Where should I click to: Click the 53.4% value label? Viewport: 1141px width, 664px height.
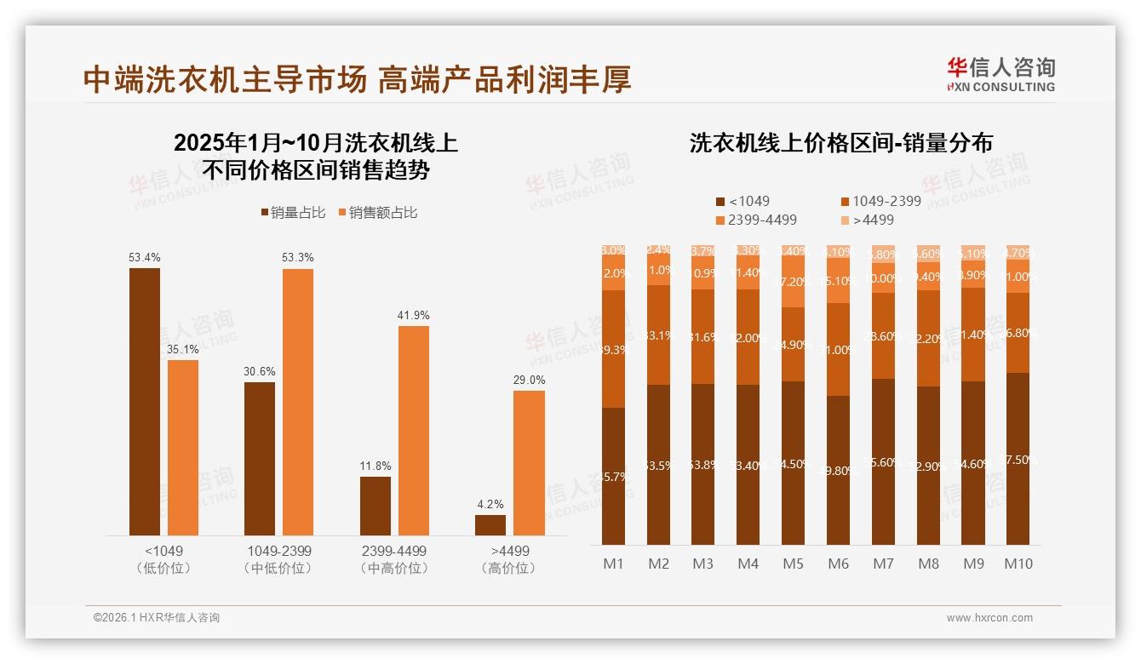(145, 257)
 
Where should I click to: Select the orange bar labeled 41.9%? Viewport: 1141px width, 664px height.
(414, 430)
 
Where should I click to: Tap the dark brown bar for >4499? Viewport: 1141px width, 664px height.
(490, 524)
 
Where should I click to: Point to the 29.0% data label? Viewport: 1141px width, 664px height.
(529, 380)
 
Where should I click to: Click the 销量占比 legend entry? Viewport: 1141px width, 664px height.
(292, 213)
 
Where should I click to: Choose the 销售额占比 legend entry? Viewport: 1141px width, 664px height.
(378, 213)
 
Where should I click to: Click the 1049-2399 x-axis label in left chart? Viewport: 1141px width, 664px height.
(278, 551)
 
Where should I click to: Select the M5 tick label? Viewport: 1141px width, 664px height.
(793, 564)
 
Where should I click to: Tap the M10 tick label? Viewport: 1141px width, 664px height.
(1018, 564)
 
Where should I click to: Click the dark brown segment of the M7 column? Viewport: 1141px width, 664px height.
(883, 461)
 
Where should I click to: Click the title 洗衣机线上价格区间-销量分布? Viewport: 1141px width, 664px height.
(840, 143)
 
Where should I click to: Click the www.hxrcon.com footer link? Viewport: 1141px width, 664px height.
(989, 618)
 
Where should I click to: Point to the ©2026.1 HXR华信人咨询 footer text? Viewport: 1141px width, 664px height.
(156, 618)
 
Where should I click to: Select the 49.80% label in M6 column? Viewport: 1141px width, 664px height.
(838, 470)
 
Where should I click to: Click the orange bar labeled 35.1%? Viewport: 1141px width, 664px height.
(183, 447)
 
